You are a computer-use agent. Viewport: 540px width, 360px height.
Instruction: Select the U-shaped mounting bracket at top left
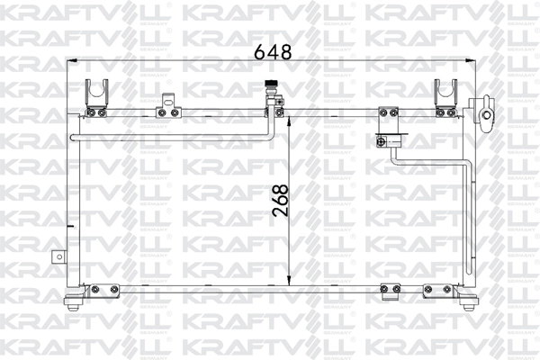(x=96, y=93)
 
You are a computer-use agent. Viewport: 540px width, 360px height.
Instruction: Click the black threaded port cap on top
(x=268, y=88)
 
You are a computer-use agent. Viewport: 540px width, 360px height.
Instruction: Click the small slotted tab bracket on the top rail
(x=166, y=104)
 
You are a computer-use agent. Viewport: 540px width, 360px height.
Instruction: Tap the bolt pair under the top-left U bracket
(x=96, y=112)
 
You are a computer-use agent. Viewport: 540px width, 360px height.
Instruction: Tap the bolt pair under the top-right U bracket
(x=445, y=112)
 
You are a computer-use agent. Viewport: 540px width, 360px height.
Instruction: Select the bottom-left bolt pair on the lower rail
(x=104, y=289)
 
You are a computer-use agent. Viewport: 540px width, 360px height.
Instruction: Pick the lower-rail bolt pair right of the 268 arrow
(x=390, y=289)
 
